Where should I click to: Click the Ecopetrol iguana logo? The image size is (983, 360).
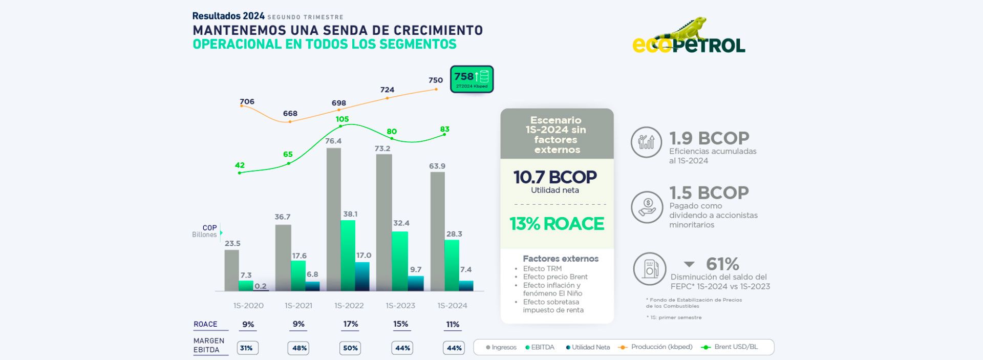click(x=689, y=37)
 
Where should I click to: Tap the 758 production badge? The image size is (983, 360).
click(x=472, y=79)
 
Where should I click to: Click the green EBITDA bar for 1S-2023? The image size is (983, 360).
click(x=400, y=261)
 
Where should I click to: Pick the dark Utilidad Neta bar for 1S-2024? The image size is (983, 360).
click(x=466, y=286)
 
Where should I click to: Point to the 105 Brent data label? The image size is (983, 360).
click(x=342, y=119)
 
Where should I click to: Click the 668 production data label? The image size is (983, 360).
click(x=290, y=113)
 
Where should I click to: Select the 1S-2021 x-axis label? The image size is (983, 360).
click(x=298, y=306)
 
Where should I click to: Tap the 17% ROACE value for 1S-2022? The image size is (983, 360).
click(x=350, y=324)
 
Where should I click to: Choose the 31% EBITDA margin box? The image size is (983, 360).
click(x=247, y=348)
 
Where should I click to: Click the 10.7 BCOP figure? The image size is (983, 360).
click(x=555, y=177)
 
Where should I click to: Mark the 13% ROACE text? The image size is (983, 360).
click(x=557, y=224)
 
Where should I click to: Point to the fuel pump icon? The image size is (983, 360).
click(x=650, y=268)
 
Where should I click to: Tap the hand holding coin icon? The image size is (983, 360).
click(x=647, y=207)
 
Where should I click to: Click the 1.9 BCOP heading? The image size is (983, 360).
click(x=709, y=138)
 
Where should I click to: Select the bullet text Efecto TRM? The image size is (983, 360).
click(x=542, y=268)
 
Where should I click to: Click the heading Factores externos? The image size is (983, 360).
click(x=561, y=259)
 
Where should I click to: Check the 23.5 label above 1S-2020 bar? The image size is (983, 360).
click(x=232, y=244)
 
